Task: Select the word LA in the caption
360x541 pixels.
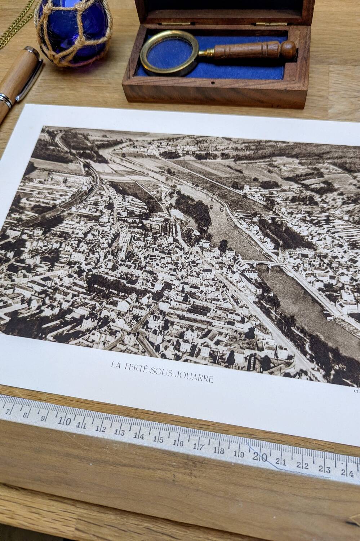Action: point(116,365)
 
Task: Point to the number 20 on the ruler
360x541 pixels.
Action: point(259,457)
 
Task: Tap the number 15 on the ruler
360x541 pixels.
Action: point(159,439)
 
